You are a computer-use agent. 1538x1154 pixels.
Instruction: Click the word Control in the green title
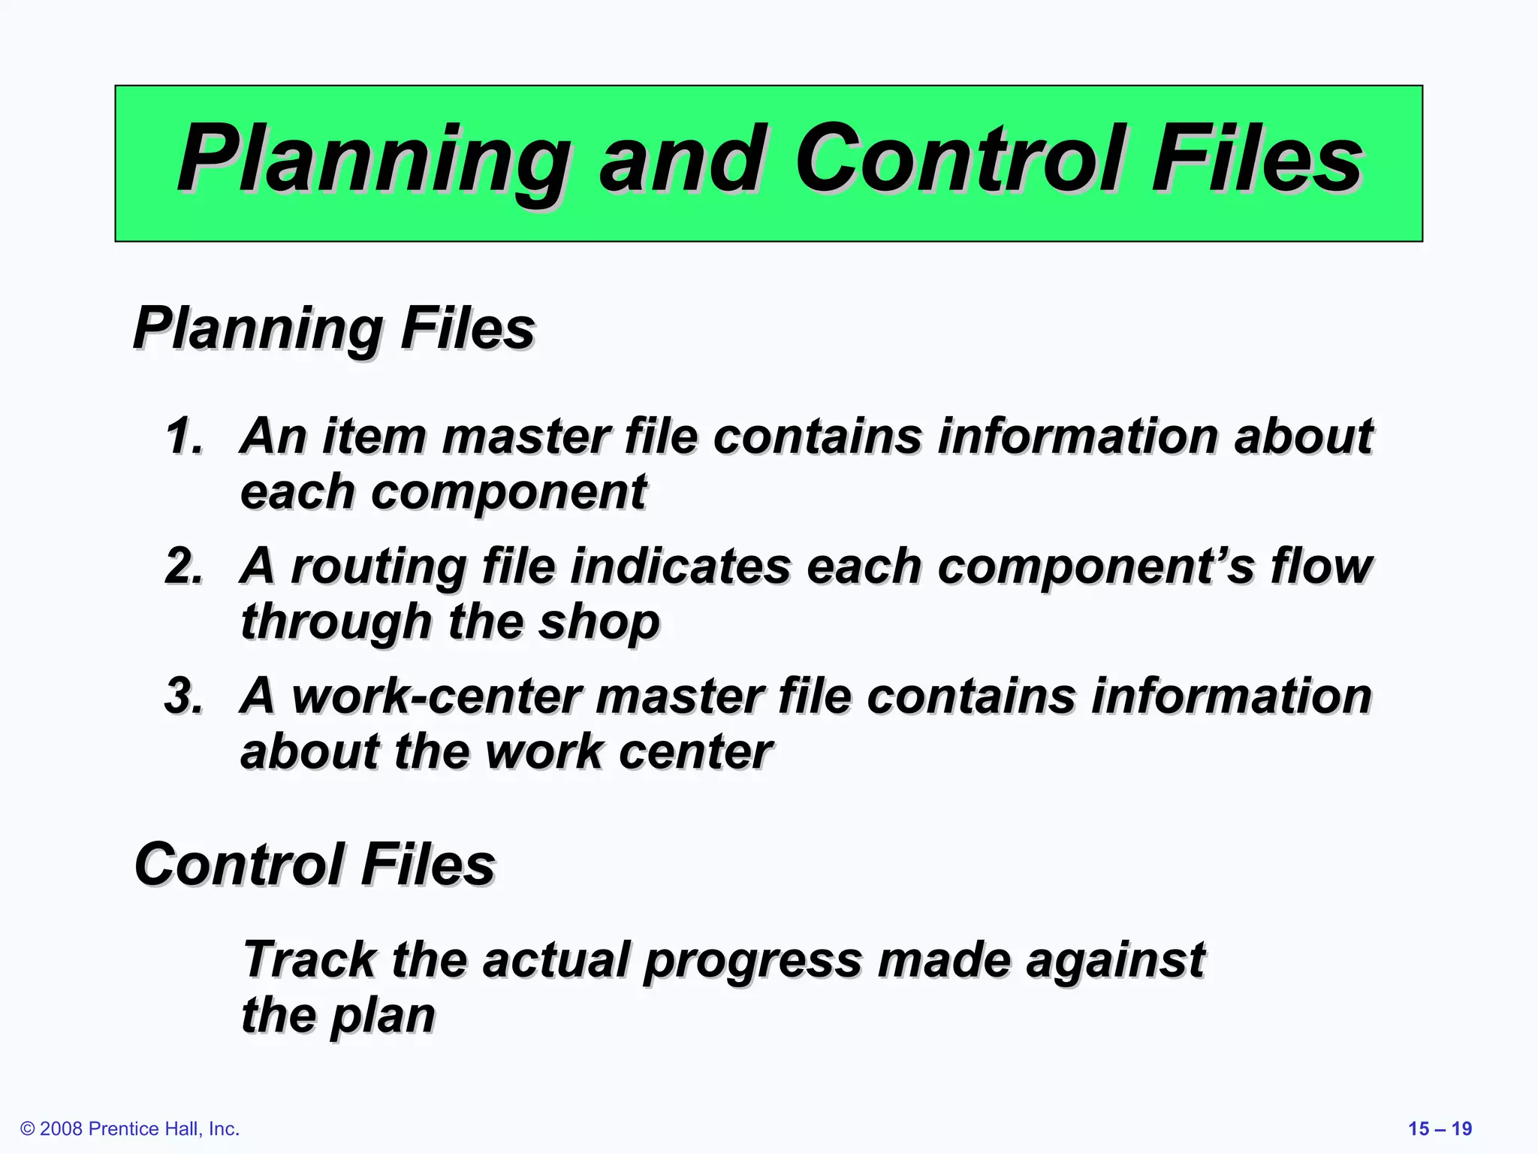pos(960,159)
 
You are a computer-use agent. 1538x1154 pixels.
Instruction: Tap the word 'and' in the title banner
pos(682,159)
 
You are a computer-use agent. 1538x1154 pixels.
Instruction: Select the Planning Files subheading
pos(333,328)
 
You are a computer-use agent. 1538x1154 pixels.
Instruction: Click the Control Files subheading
pos(314,864)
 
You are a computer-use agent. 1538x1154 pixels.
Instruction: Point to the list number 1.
pos(183,436)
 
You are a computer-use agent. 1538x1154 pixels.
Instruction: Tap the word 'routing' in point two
pos(378,566)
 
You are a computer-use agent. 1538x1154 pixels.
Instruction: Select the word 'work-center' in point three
pos(436,696)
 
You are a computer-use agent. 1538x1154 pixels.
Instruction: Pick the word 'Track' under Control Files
pos(309,959)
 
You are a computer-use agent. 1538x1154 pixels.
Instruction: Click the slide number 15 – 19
pos(1440,1128)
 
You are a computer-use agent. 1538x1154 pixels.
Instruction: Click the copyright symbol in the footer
pos(28,1128)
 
